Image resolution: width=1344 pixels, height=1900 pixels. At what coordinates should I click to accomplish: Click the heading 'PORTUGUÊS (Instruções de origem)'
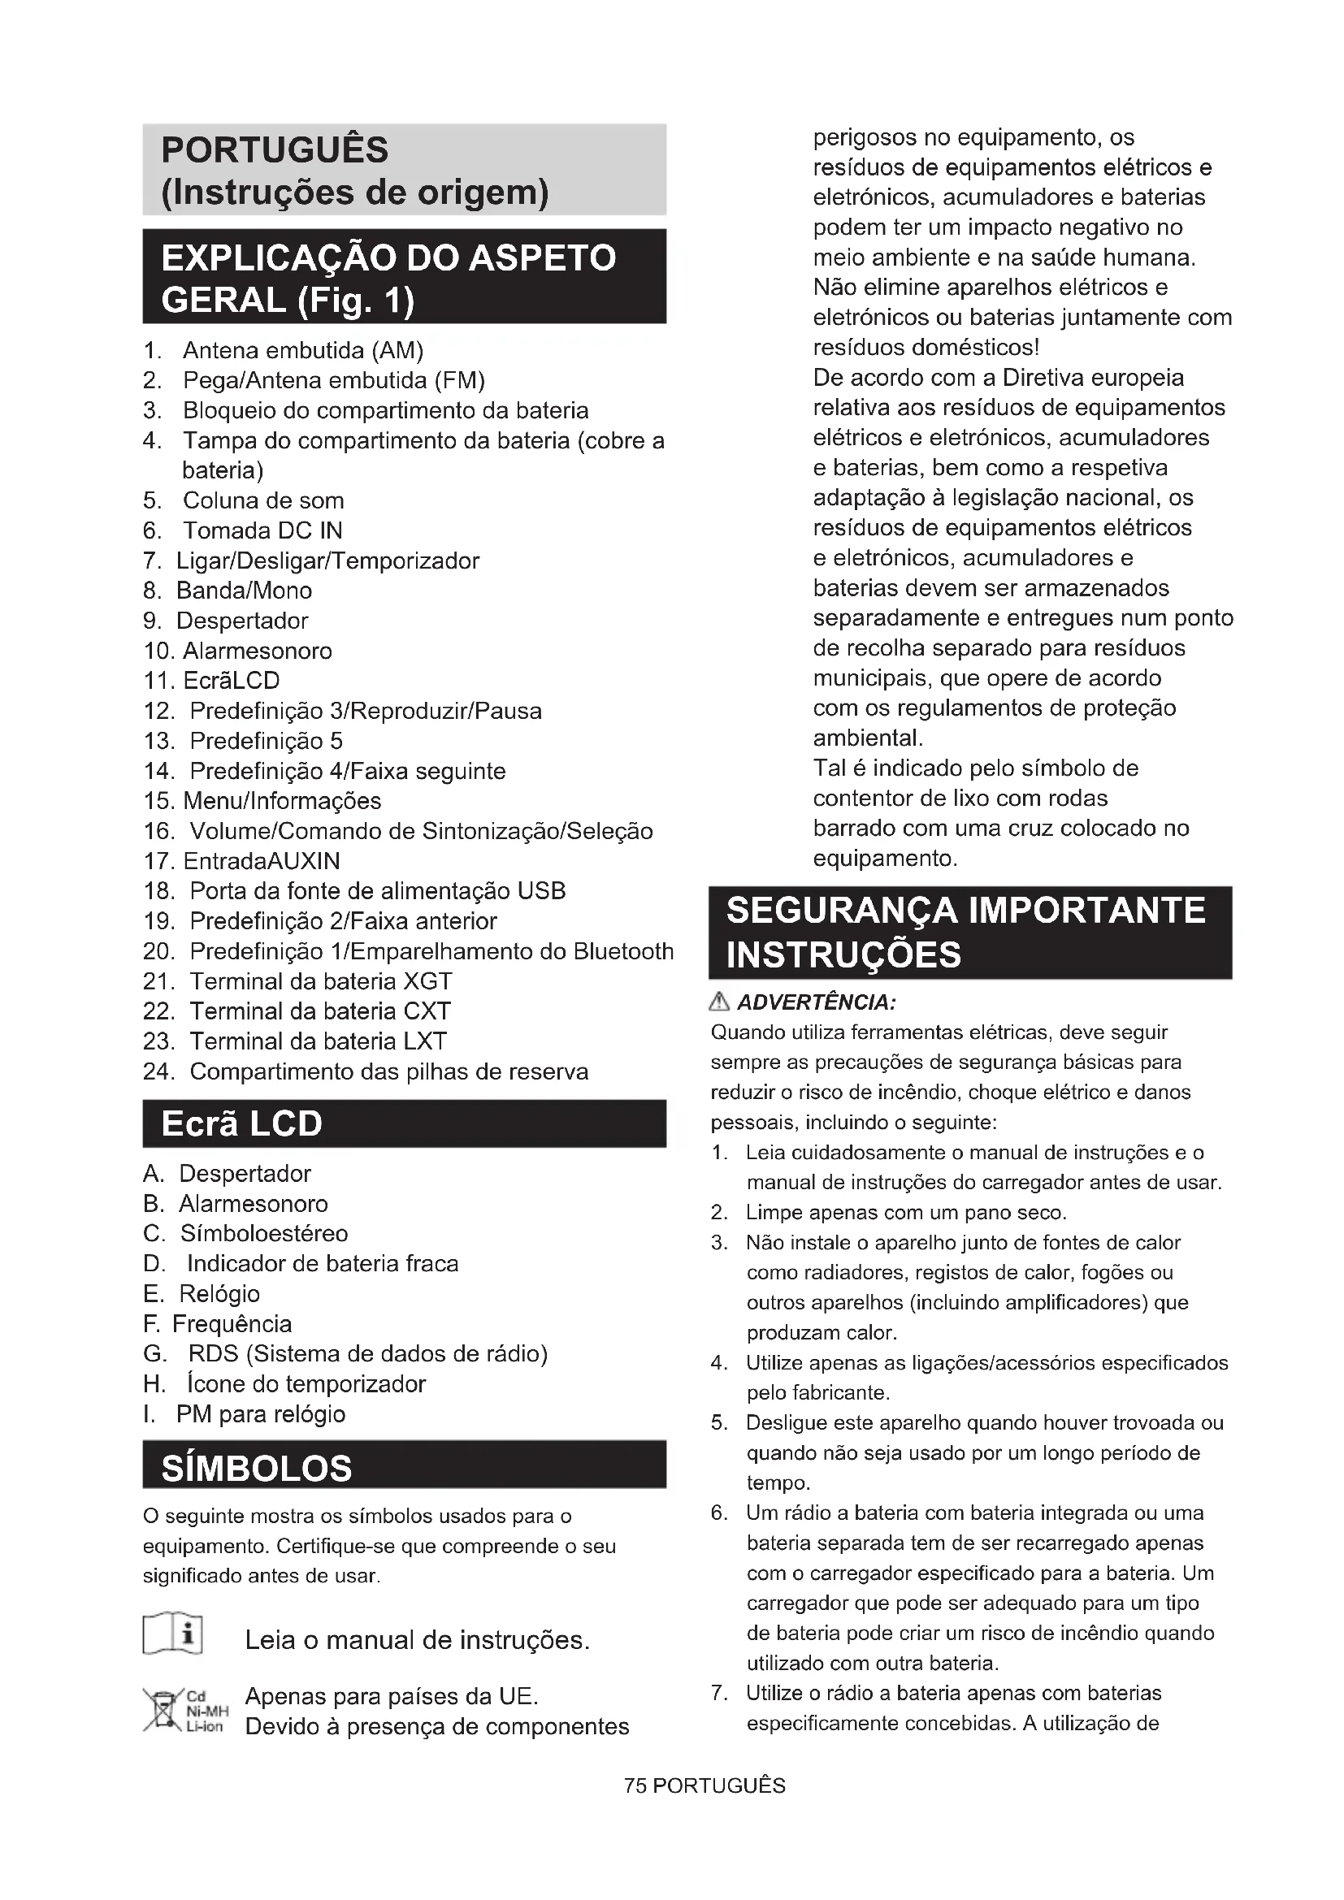356,171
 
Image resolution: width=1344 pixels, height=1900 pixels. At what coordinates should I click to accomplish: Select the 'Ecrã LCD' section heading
241,1123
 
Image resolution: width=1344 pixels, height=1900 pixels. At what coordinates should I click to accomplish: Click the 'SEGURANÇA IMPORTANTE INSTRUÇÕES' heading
965,933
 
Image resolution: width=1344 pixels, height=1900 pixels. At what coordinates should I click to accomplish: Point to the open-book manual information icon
173,1633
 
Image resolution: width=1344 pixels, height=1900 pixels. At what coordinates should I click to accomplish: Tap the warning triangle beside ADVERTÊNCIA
719,1003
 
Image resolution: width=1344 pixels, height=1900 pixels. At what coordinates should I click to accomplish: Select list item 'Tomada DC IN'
262,530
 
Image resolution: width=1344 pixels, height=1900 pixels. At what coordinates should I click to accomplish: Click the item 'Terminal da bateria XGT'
320,981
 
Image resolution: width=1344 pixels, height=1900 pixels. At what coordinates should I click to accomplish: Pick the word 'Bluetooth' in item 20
623,952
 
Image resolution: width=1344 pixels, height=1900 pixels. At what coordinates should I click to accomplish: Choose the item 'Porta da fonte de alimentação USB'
377,891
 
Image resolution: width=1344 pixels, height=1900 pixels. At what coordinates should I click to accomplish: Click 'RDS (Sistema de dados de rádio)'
367,1354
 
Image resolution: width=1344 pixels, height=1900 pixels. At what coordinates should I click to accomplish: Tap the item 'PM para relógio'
261,1414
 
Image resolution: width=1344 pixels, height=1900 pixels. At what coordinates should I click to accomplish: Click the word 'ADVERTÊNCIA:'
816,1003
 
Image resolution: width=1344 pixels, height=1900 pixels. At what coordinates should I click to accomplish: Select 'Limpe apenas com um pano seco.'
906,1213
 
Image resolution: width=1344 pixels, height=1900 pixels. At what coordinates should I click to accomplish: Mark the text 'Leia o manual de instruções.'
417,1640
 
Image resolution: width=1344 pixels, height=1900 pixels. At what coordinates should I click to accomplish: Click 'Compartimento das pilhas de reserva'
389,1071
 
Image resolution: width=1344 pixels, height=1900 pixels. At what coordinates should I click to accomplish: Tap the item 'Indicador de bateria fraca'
322,1264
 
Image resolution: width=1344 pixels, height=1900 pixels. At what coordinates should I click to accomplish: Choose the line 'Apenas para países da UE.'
392,1696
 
